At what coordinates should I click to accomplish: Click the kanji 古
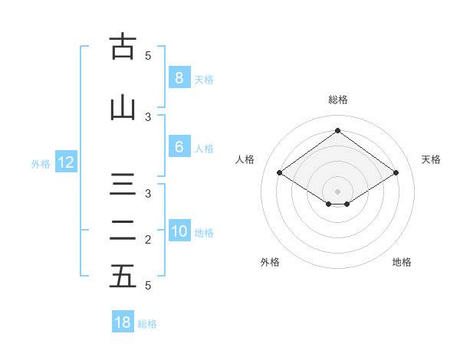122,47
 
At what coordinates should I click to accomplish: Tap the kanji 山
122,109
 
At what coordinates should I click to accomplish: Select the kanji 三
122,186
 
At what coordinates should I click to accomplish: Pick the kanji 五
122,277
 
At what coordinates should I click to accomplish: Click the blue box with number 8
179,77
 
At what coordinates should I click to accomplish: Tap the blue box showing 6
179,148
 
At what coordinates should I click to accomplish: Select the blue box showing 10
179,232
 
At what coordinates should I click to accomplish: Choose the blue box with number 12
65,162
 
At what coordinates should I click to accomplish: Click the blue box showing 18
123,322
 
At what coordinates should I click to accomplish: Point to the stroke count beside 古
149,55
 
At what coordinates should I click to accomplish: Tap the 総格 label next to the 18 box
147,324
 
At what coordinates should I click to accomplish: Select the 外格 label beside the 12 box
40,163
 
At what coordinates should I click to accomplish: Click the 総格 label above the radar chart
337,100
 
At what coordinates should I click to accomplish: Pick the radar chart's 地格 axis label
402,262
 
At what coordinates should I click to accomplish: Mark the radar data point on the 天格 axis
396,173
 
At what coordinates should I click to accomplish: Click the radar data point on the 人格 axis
280,173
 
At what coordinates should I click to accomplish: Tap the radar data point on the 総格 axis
337,131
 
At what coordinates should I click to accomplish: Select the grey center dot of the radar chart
337,190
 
